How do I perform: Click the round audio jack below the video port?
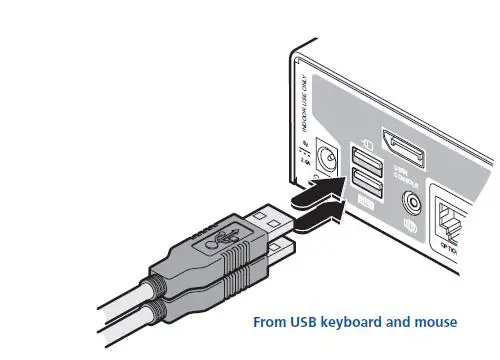coord(408,205)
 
